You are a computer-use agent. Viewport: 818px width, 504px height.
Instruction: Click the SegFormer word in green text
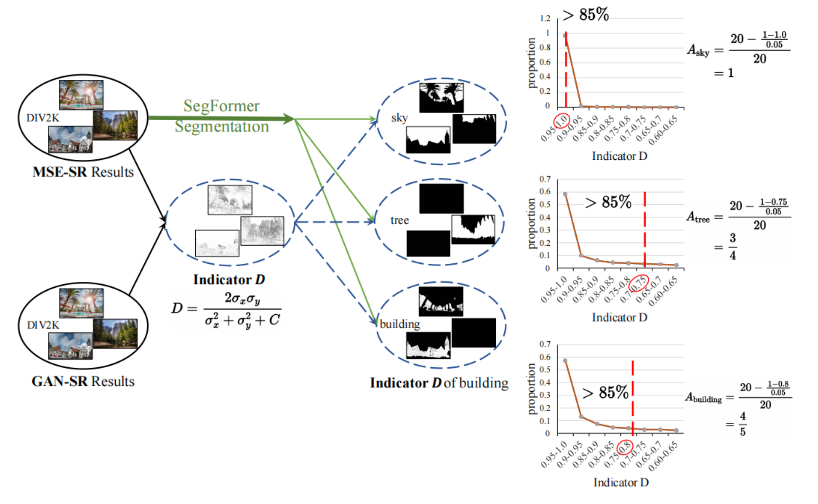pos(221,106)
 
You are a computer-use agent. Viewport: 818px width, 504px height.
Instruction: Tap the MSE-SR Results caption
pos(83,172)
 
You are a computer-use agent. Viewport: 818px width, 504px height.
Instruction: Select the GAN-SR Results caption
pos(83,381)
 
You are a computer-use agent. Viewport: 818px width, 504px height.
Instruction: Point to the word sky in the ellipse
pos(399,118)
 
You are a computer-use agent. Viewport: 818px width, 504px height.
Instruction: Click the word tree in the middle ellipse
pos(399,220)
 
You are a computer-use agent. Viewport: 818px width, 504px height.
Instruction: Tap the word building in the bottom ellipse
pos(400,324)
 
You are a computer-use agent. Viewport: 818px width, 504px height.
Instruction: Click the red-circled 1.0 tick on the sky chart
pos(562,121)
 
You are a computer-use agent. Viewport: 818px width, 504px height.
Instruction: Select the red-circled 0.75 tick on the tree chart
pos(639,283)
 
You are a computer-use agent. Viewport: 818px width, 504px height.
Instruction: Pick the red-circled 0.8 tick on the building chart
pos(625,448)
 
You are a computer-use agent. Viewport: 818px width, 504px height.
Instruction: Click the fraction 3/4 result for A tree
pos(732,247)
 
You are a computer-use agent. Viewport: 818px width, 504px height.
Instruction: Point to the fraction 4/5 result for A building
pos(742,424)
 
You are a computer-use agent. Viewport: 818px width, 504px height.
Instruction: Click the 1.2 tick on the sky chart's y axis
pos(545,19)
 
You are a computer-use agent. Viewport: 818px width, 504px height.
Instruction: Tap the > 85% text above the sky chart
pos(586,15)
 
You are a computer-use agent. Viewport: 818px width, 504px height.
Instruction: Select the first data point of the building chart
pos(565,361)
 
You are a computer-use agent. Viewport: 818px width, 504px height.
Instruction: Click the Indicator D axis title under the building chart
pos(621,482)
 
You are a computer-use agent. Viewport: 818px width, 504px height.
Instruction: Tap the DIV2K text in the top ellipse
pos(43,118)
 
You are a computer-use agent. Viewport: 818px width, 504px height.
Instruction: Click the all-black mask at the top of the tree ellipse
pos(441,198)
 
